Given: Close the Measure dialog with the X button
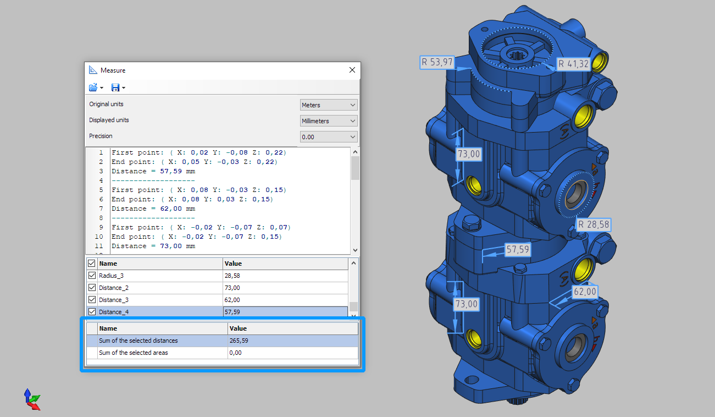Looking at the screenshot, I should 352,70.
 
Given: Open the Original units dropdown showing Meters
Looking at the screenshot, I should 329,105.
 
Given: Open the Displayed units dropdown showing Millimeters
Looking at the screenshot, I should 329,121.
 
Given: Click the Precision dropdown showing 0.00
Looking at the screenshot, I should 329,137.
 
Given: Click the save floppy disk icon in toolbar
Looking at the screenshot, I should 115,87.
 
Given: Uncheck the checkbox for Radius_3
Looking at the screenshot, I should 92,276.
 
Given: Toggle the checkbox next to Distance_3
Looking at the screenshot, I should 92,300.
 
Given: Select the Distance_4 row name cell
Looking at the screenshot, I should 114,312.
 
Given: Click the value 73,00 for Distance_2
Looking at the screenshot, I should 232,288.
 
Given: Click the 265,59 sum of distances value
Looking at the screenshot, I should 239,341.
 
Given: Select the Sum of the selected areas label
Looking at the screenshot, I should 133,353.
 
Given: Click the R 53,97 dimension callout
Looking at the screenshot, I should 437,62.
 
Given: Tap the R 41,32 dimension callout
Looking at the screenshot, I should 573,64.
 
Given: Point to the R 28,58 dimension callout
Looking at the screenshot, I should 594,225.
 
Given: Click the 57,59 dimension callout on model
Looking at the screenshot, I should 517,250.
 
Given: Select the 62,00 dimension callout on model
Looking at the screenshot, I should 584,292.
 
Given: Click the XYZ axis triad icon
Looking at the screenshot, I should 31,399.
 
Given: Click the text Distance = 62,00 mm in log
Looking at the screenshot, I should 153,209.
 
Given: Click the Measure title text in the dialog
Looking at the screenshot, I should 113,70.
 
